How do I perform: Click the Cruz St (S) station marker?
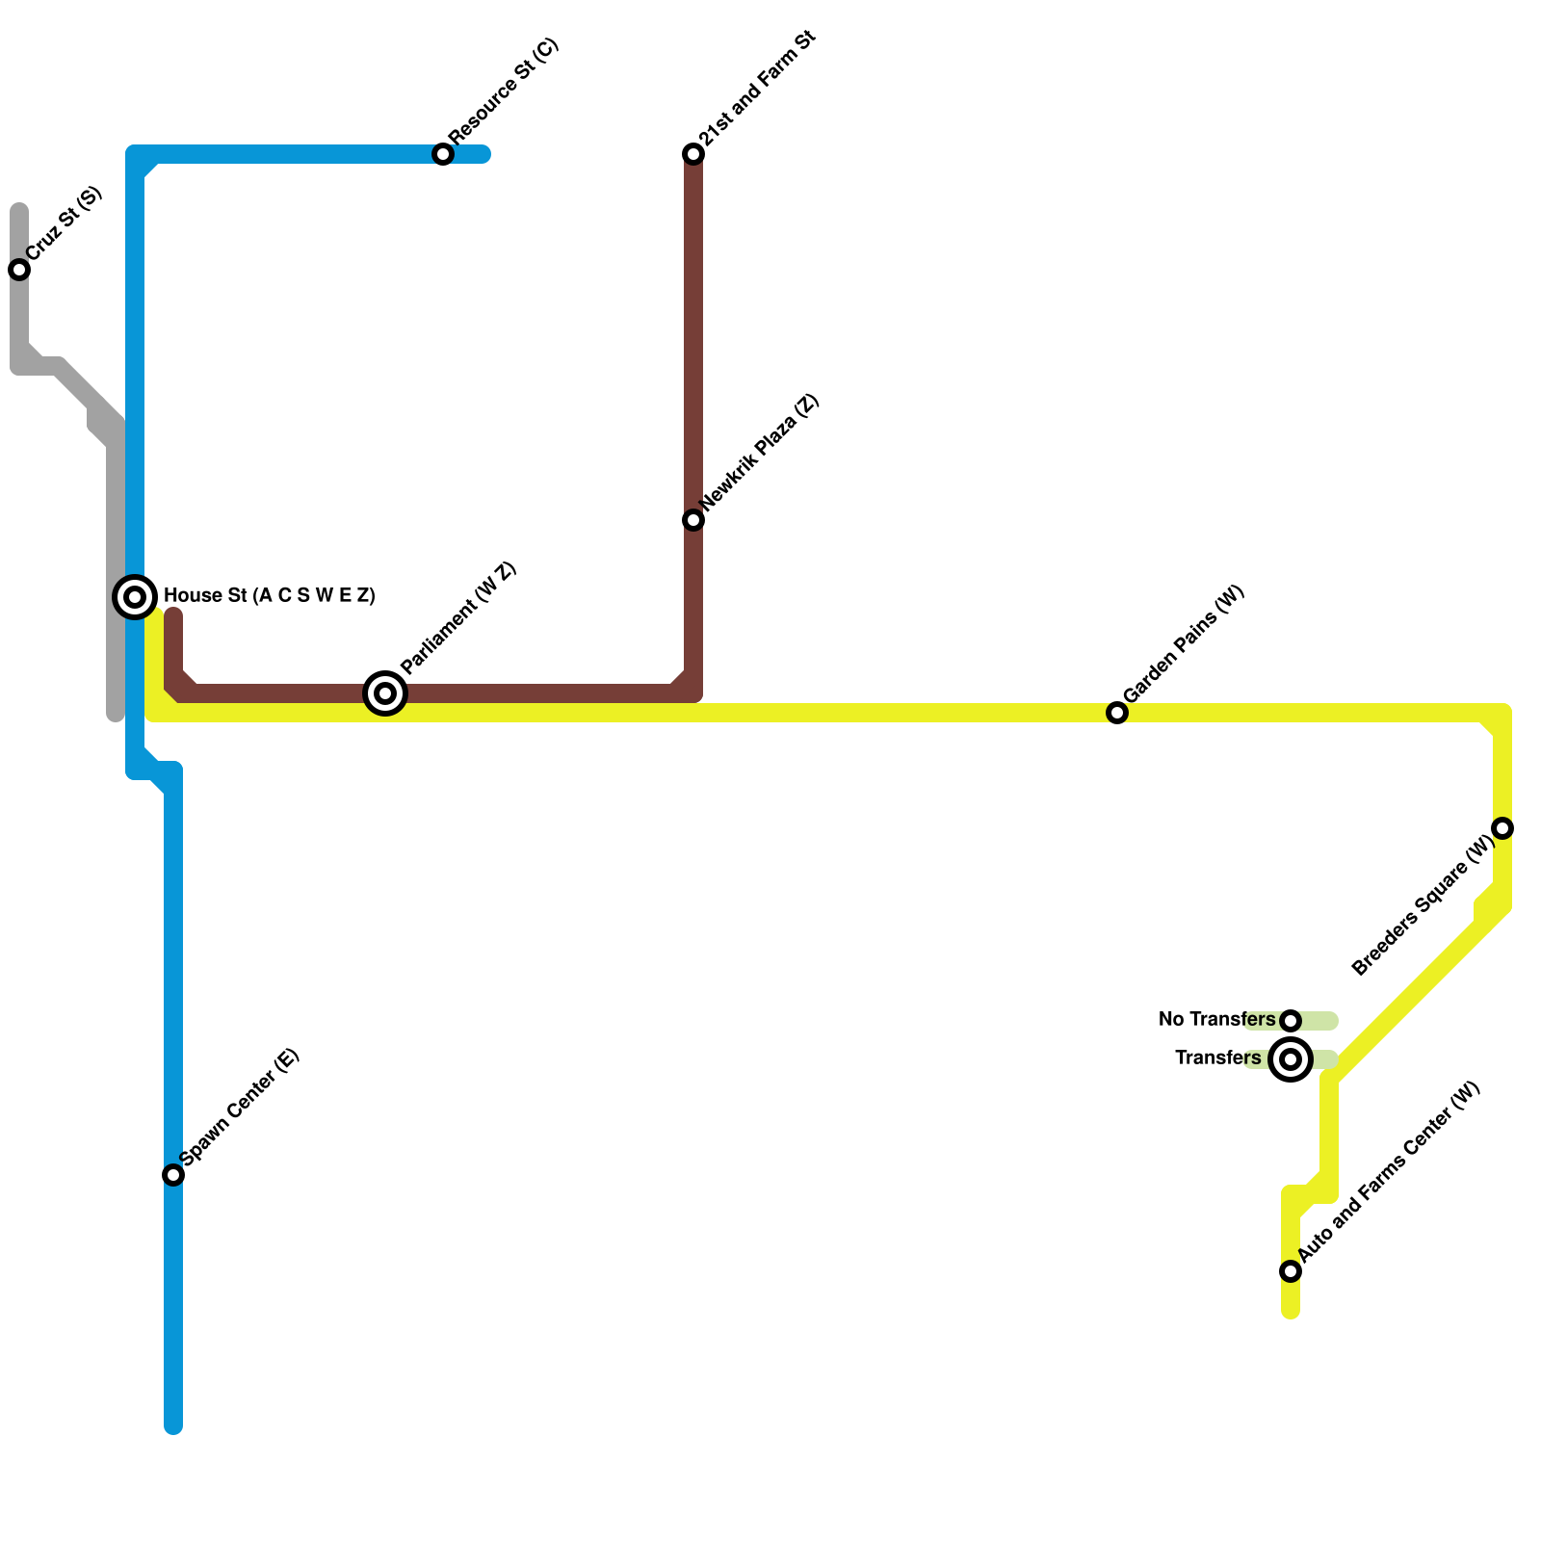click(x=19, y=270)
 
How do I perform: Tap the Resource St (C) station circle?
click(x=443, y=154)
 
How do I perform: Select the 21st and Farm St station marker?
click(x=693, y=154)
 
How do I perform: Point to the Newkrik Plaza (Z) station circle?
click(x=693, y=520)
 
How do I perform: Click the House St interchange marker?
click(x=136, y=597)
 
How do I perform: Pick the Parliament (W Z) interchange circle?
click(x=385, y=693)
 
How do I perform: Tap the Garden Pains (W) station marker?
click(x=1117, y=713)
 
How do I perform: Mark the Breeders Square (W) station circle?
click(x=1502, y=828)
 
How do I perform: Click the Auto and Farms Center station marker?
click(x=1291, y=1271)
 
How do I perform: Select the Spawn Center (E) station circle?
click(x=173, y=1175)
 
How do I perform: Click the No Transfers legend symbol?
click(x=1291, y=1021)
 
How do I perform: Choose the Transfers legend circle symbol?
click(x=1291, y=1059)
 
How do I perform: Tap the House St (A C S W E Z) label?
click(x=270, y=596)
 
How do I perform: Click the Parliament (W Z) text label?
click(x=459, y=618)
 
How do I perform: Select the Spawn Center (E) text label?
click(x=241, y=1107)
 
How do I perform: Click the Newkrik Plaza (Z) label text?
click(x=760, y=453)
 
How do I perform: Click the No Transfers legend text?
click(x=1216, y=1020)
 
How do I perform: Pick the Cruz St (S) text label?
click(x=65, y=223)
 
